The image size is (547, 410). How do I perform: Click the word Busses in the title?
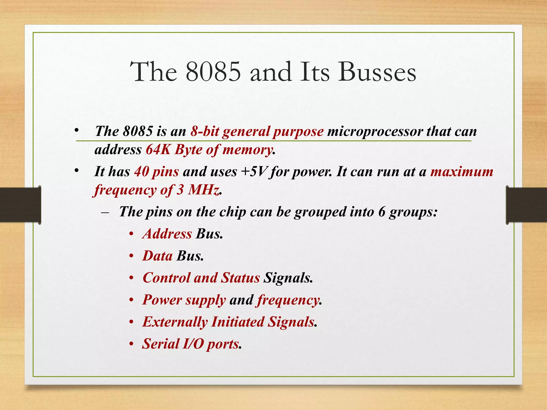coord(377,72)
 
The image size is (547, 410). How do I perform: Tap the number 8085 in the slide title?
coord(213,72)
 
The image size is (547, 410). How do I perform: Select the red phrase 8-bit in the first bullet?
coord(205,131)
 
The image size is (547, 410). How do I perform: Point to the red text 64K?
coord(158,149)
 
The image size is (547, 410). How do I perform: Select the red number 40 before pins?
coord(142,171)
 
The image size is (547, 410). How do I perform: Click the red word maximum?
coord(462,171)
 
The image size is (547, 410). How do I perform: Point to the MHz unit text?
coord(204,190)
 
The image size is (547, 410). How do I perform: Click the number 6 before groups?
coord(382,212)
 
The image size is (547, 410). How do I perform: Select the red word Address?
coord(167,234)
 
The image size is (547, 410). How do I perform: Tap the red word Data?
coord(158,256)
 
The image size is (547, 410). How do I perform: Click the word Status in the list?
coord(240,278)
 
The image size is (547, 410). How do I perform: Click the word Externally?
coord(175,322)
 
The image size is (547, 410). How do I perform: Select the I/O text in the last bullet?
coord(193,344)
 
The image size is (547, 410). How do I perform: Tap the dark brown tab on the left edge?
coord(20,205)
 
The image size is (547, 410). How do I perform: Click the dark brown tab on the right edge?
coord(526,205)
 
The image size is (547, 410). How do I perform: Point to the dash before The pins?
coord(105,213)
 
